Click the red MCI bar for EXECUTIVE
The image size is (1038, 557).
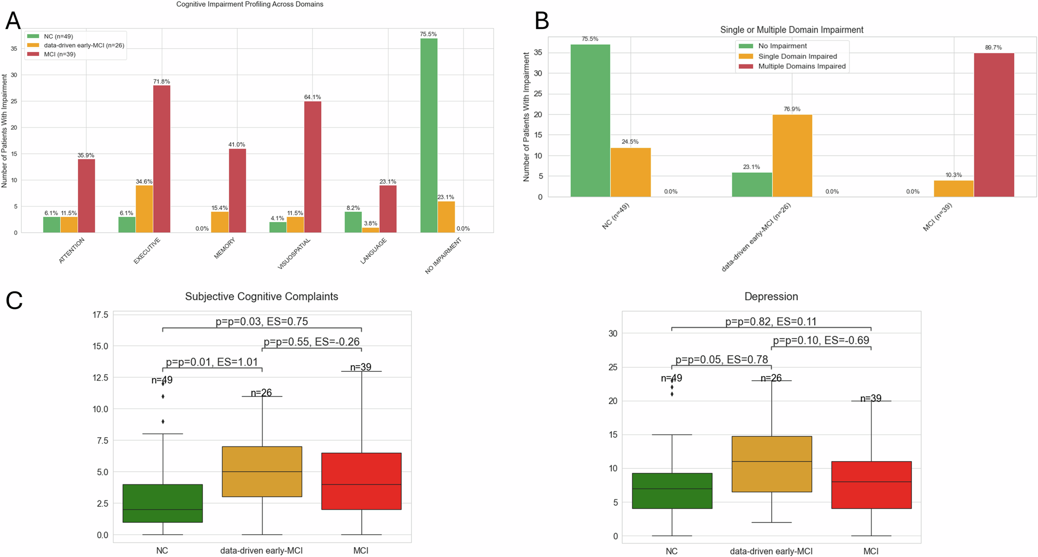161,159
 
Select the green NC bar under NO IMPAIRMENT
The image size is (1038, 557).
429,135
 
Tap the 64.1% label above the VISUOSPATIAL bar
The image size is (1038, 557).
312,97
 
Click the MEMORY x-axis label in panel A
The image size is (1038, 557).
225,248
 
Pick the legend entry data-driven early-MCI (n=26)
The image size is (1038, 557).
84,45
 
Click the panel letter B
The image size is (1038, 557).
541,21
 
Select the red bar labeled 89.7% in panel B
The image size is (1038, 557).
993,125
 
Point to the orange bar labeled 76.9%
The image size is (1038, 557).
792,156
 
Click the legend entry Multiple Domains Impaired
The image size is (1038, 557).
801,66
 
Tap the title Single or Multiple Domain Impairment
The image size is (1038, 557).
791,30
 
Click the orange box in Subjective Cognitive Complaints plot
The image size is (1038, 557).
262,471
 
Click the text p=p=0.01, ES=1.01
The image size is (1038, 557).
212,362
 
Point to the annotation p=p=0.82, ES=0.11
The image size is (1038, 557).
771,322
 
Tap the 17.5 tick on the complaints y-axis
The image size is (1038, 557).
100,315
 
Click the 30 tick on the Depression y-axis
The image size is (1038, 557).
613,333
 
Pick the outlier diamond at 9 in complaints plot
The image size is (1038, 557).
163,422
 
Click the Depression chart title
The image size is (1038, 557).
771,297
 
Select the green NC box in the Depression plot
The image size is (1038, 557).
672,491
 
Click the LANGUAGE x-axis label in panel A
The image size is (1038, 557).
374,251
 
